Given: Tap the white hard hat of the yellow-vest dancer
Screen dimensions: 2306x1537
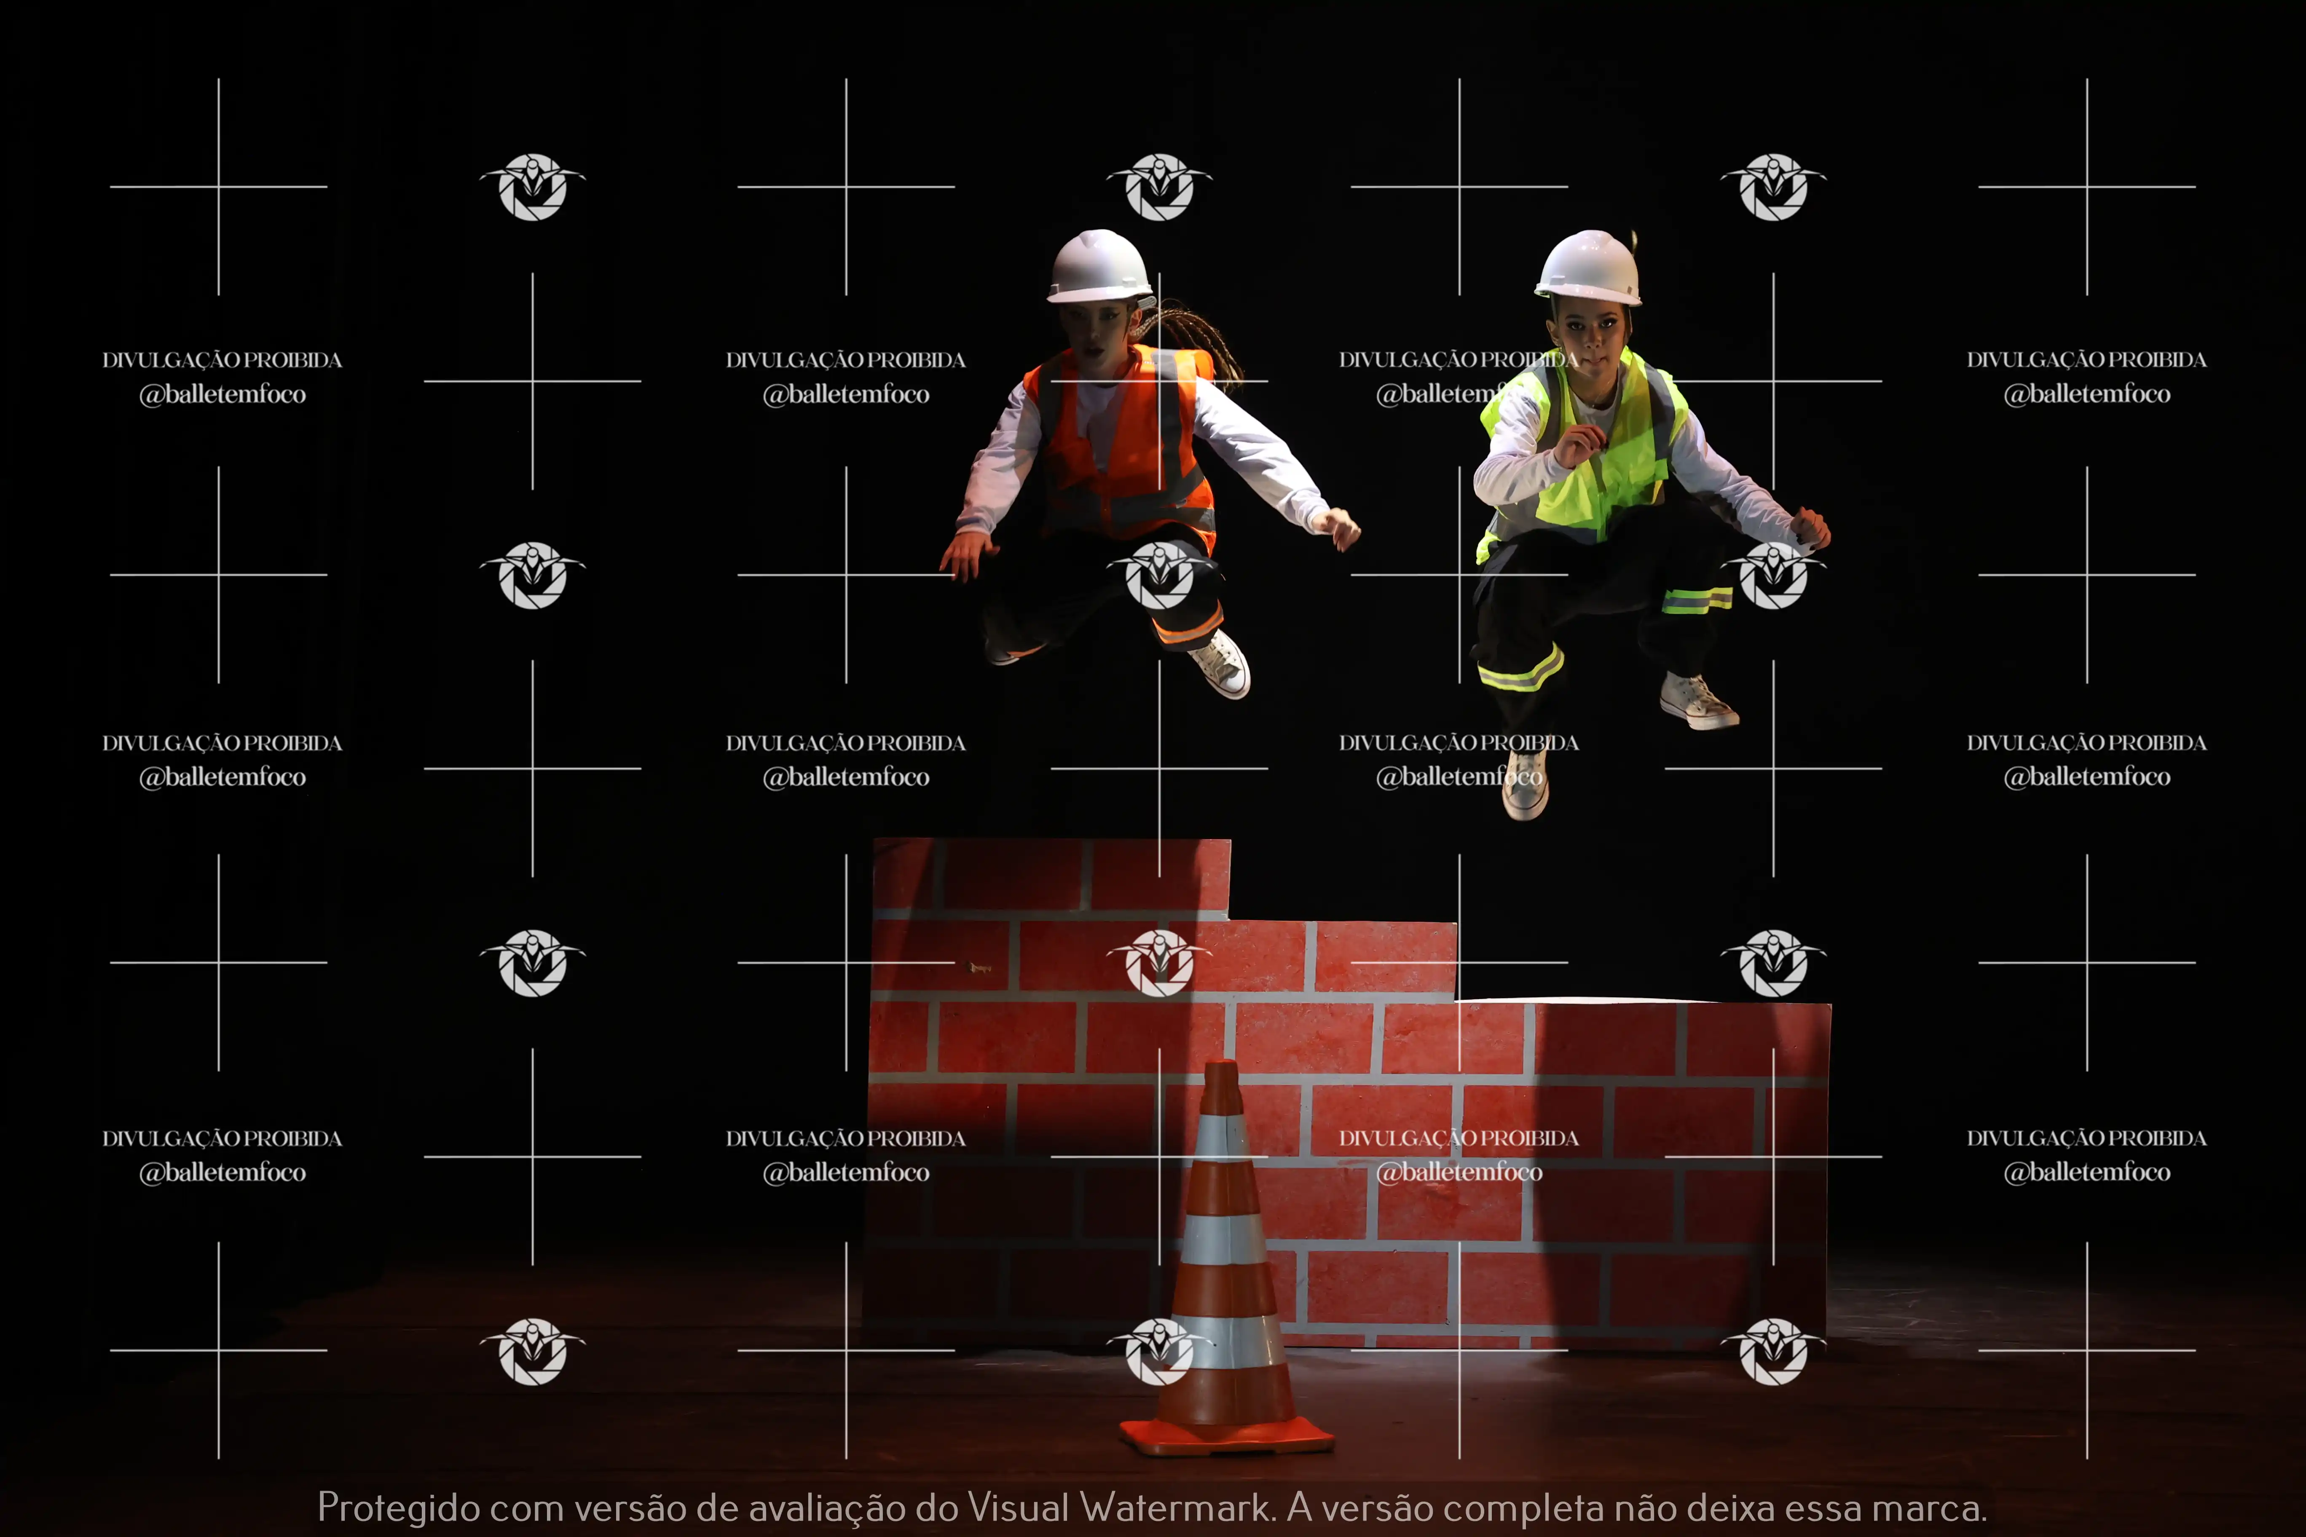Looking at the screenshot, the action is [1588, 268].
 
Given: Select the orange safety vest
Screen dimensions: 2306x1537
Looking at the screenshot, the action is [1123, 441].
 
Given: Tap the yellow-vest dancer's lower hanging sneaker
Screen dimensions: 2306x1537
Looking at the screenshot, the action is [1526, 784].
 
